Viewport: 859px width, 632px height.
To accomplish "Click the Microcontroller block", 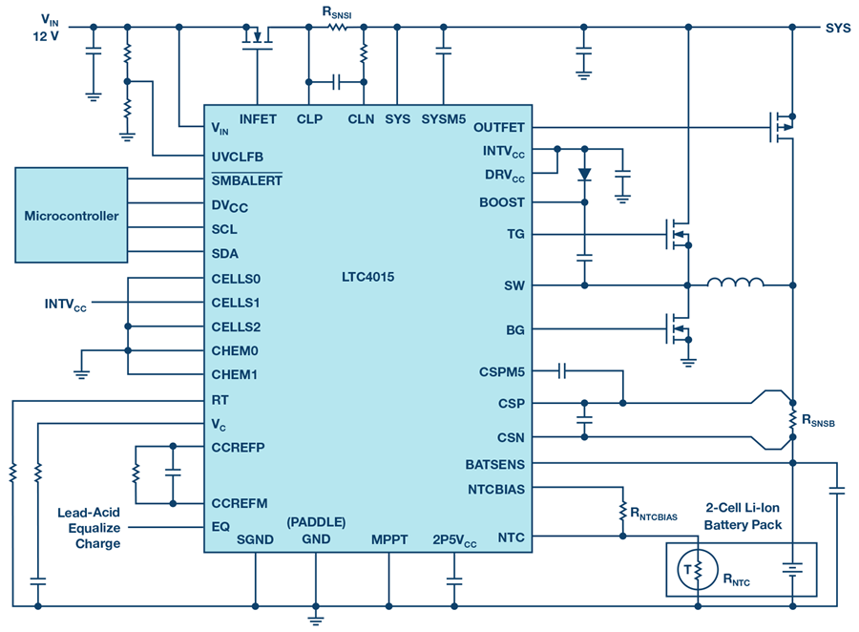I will point(72,216).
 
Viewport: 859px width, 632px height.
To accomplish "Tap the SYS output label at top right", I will point(837,27).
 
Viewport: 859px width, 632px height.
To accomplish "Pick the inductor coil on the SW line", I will point(735,283).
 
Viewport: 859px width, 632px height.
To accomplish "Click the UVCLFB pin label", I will point(238,156).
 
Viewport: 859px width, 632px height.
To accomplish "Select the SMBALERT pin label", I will point(246,179).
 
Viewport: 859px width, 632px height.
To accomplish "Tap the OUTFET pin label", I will point(498,127).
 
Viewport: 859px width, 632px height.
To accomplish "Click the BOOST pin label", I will point(502,202).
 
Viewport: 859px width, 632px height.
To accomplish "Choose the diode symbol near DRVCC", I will point(584,175).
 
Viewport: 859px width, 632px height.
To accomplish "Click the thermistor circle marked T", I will point(688,571).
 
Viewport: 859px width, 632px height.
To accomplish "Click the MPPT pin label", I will point(389,539).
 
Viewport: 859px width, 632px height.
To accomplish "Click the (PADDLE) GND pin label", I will point(316,531).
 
